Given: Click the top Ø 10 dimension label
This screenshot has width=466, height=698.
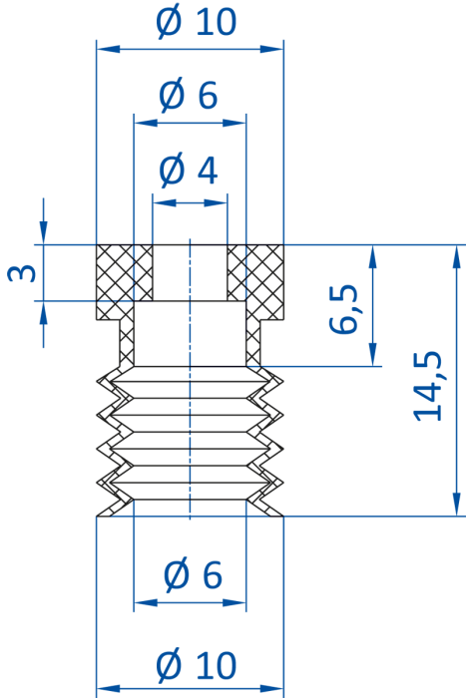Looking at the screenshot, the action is (196, 21).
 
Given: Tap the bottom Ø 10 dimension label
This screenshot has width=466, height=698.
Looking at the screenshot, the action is (196, 665).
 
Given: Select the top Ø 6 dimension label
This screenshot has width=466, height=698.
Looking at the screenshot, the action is (189, 95).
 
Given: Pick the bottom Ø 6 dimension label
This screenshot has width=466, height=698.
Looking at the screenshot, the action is (193, 574).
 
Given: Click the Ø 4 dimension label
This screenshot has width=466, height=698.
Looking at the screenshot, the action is (189, 170).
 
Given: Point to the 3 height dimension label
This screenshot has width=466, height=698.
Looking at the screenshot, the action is (21, 273).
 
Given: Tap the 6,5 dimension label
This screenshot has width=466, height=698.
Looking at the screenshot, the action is (343, 308).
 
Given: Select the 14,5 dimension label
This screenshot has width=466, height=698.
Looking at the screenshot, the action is (428, 386).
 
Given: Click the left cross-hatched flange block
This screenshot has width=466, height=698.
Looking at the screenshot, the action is (125, 282).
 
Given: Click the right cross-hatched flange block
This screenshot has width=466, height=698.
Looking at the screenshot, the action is (255, 282).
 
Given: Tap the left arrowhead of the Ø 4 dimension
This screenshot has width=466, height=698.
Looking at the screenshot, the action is (164, 203).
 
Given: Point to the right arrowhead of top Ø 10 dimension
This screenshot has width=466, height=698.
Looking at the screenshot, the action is (271, 49).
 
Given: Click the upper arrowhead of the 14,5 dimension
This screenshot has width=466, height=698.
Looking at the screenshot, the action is (456, 256).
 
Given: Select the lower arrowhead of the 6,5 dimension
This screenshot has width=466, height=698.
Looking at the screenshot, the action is (373, 355).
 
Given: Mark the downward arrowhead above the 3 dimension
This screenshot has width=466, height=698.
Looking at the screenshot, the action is (43, 232).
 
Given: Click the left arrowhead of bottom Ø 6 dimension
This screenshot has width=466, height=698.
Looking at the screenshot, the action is (146, 602).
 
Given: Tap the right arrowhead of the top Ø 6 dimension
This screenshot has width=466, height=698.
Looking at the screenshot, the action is (234, 123).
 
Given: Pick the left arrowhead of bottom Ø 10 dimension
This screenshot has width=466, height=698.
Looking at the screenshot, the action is (108, 689).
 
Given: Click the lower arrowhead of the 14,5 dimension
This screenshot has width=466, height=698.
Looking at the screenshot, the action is (456, 505).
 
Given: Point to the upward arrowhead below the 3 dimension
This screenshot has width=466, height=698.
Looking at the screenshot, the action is (43, 312).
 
